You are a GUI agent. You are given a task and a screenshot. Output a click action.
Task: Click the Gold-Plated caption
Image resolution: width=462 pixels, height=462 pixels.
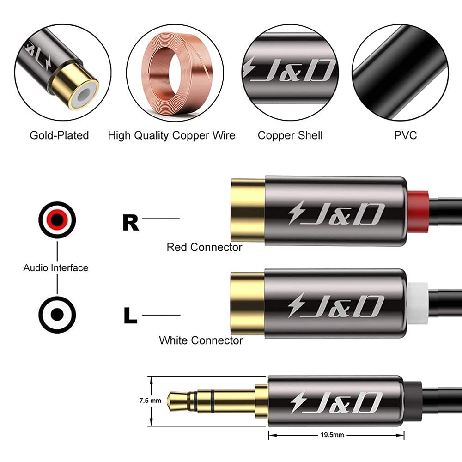[59, 135]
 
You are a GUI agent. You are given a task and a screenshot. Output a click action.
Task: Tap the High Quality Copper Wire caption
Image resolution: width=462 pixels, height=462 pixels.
[171, 135]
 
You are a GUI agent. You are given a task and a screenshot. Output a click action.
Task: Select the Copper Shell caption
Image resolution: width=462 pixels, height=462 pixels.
[290, 135]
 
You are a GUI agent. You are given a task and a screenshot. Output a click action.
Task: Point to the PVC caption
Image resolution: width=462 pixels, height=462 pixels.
[406, 135]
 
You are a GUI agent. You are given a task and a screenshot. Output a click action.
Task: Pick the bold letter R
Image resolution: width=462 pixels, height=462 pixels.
[130, 223]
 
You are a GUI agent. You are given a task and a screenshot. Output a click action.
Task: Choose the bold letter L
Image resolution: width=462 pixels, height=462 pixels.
[131, 316]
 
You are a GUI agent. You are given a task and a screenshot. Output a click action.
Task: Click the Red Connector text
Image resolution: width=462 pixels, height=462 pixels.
[204, 248]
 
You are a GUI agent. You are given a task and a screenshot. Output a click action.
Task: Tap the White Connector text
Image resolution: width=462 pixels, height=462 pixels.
[201, 340]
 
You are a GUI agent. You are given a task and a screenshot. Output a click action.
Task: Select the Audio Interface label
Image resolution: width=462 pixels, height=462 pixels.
[55, 267]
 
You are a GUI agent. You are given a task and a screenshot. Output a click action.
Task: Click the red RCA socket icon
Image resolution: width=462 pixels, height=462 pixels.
[57, 220]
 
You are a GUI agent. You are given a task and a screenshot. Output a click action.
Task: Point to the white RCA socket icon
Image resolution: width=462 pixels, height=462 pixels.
[57, 315]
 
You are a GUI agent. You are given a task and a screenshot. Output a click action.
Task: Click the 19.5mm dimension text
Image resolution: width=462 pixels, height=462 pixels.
[337, 435]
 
